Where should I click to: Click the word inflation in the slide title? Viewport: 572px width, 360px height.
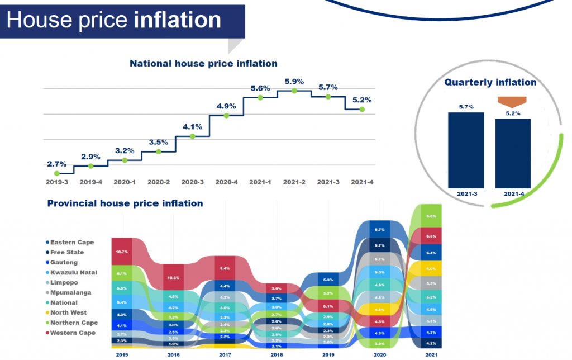178,20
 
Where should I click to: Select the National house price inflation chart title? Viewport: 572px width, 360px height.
203,64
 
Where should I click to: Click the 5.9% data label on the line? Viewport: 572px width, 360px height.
294,81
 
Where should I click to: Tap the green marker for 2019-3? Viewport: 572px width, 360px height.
57,173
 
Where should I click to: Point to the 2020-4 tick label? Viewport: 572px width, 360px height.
226,182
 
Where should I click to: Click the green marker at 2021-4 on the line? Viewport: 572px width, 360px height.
362,110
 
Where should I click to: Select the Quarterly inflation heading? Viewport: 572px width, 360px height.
490,82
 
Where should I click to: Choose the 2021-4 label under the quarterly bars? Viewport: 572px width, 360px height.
513,194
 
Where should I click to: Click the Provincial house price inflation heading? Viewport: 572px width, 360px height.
125,203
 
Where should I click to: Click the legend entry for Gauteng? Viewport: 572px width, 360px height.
64,262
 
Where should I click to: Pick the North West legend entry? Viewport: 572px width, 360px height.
68,313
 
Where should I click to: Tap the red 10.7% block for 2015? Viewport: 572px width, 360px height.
121,252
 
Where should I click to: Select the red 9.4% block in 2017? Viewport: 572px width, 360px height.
225,268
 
